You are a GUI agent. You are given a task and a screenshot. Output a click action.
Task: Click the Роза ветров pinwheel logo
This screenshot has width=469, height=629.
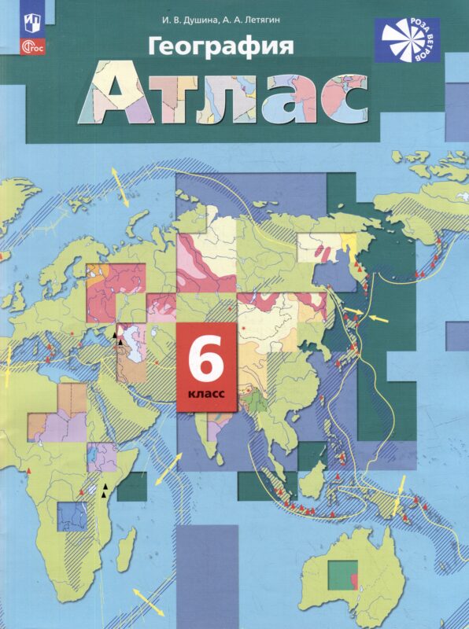click(408, 40)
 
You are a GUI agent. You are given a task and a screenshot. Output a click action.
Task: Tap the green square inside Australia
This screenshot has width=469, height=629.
click(341, 573)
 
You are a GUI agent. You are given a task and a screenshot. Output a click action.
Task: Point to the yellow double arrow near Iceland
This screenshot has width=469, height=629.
click(117, 178)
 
